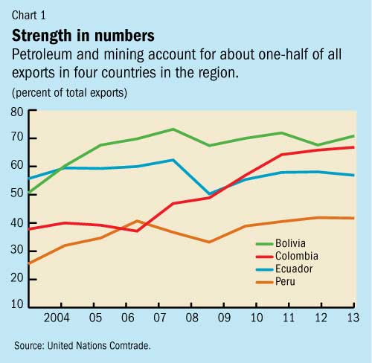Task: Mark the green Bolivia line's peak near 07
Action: click(173, 129)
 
